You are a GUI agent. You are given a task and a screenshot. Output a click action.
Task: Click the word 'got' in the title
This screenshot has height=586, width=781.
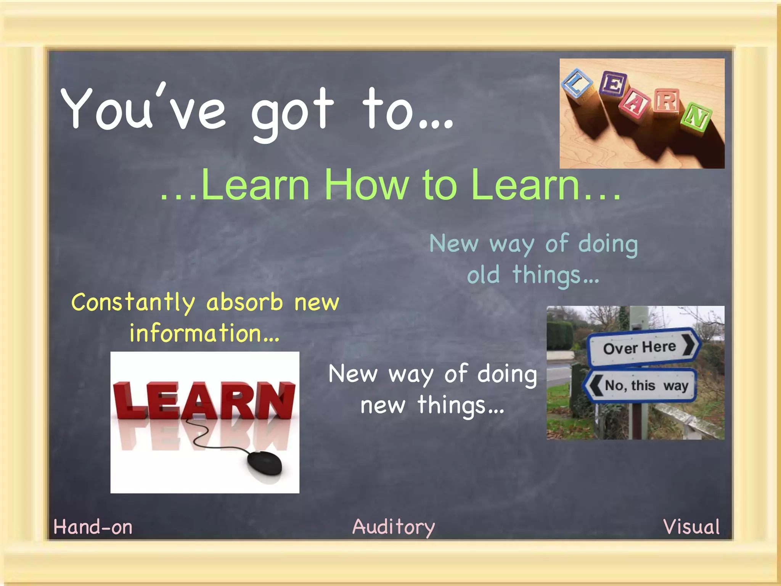click(x=292, y=113)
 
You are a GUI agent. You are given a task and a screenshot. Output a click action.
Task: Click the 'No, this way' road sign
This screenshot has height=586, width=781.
click(x=641, y=385)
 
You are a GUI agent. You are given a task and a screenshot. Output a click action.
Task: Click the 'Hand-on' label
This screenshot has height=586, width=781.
click(x=93, y=527)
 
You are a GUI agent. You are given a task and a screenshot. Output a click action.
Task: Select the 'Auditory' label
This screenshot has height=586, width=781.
click(x=393, y=527)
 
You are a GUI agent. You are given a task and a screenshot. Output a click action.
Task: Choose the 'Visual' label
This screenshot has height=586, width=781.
click(x=691, y=527)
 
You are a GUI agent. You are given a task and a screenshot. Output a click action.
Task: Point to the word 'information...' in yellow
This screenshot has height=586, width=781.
click(x=204, y=333)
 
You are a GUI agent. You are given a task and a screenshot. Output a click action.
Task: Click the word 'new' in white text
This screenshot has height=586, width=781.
click(x=382, y=405)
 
